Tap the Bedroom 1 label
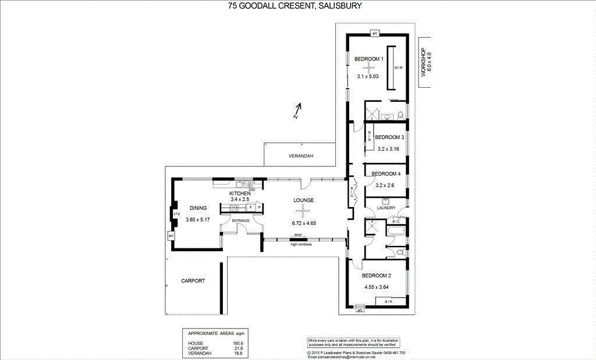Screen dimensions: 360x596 point(369,59)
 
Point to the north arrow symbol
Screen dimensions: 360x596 point(298,111)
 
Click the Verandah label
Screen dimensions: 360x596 point(301,156)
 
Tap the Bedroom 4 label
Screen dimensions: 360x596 point(386,174)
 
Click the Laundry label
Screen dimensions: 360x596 point(386,208)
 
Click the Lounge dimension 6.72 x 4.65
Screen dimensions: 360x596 point(303,223)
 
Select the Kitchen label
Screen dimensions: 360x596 point(240,193)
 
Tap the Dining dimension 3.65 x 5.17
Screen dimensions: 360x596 point(198,220)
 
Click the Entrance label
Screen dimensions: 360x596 point(241,221)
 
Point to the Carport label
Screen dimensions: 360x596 point(193,280)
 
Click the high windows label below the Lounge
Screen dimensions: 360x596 point(301,244)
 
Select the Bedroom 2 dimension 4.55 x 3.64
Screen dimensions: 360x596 point(376,287)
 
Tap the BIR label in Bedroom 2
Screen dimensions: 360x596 point(388,302)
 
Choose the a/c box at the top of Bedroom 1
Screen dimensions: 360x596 point(375,33)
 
